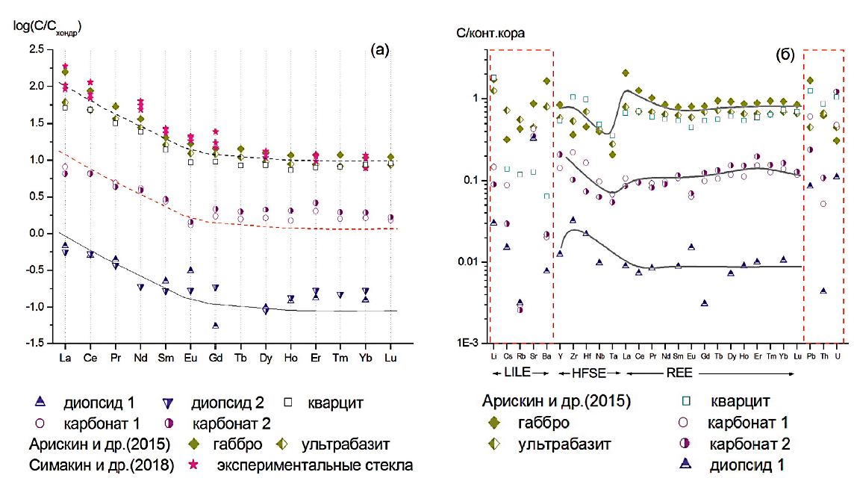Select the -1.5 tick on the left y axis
point(34,344)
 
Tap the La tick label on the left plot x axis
point(65,357)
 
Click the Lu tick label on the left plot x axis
point(390,357)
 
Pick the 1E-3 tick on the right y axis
point(471,344)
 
